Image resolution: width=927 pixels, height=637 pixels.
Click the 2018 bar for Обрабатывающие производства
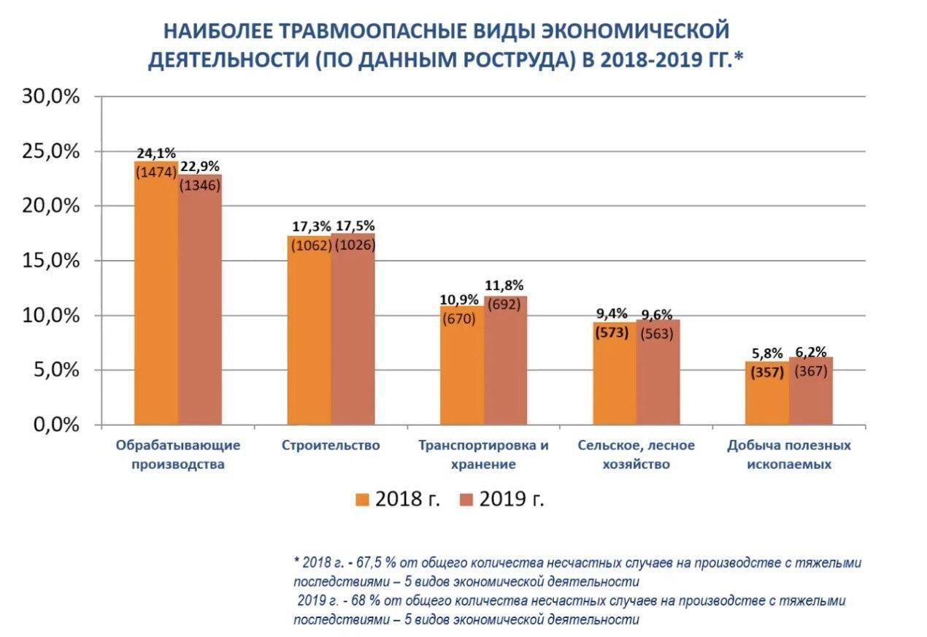click(155, 307)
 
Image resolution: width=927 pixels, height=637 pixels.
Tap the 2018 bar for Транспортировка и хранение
click(461, 373)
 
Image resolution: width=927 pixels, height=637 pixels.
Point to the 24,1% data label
click(156, 153)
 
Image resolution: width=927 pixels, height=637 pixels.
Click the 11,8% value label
click(504, 285)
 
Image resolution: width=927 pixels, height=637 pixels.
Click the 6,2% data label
click(811, 351)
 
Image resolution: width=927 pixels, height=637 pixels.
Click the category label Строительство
click(331, 445)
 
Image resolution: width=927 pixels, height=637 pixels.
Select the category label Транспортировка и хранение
click(483, 454)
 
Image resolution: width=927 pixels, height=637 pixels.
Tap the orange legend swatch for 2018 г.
click(363, 499)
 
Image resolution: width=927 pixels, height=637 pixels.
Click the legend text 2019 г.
click(512, 499)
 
